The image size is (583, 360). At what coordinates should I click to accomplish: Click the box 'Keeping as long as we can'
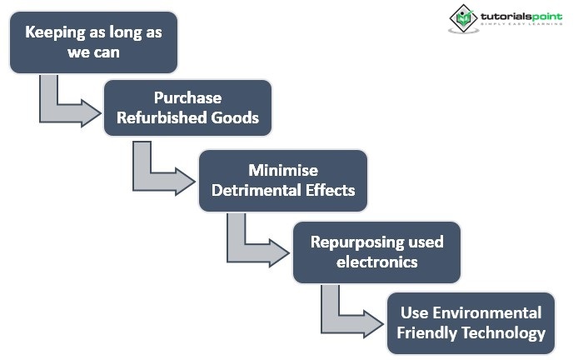(x=93, y=42)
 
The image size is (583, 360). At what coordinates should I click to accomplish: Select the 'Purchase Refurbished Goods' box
(x=187, y=107)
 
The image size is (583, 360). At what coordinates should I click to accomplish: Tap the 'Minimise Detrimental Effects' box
(x=282, y=179)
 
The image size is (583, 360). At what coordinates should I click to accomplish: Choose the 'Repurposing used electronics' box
(x=376, y=251)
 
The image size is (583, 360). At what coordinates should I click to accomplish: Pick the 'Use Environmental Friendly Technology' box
(x=471, y=322)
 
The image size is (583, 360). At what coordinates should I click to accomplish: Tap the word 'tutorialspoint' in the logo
(x=516, y=14)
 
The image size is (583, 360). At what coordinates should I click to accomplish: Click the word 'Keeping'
(x=54, y=32)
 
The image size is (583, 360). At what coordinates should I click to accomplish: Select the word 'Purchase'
(x=187, y=97)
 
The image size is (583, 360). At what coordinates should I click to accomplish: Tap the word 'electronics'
(x=376, y=262)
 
